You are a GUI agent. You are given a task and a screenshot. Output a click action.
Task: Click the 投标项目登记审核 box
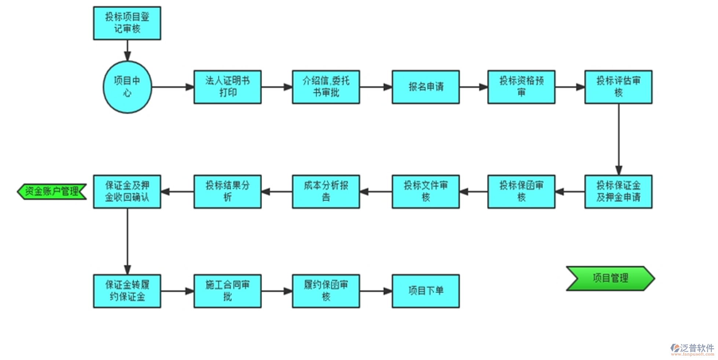127,23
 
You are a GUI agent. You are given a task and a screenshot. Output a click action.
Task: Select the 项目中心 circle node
127,87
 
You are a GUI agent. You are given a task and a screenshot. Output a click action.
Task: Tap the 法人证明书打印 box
227,87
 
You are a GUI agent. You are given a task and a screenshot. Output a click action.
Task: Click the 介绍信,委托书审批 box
326,87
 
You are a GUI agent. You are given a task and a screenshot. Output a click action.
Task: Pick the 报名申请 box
425,87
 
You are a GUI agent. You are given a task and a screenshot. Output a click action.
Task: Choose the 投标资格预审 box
521,87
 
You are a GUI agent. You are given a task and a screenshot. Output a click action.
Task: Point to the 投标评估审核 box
618,87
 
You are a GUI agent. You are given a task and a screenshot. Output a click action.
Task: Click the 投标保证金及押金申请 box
618,191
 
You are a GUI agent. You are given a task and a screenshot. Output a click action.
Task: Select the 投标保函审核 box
521,191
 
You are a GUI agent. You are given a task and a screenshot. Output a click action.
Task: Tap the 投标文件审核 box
425,191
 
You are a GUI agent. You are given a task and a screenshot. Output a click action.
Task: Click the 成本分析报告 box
326,191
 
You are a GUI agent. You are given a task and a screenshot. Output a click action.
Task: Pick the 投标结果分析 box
227,191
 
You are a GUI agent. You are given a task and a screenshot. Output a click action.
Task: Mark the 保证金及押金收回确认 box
127,191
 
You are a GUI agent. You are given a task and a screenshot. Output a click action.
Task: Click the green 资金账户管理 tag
52,191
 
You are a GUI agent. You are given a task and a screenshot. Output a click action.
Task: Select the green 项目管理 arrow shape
610,278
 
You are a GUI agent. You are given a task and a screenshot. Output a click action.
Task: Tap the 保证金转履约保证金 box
127,291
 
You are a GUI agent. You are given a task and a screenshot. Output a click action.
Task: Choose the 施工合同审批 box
227,291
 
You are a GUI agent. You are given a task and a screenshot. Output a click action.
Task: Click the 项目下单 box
425,291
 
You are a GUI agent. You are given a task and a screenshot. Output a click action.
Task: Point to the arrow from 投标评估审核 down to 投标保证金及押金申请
619,139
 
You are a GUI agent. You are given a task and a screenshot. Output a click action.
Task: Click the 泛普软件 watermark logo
692,349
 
